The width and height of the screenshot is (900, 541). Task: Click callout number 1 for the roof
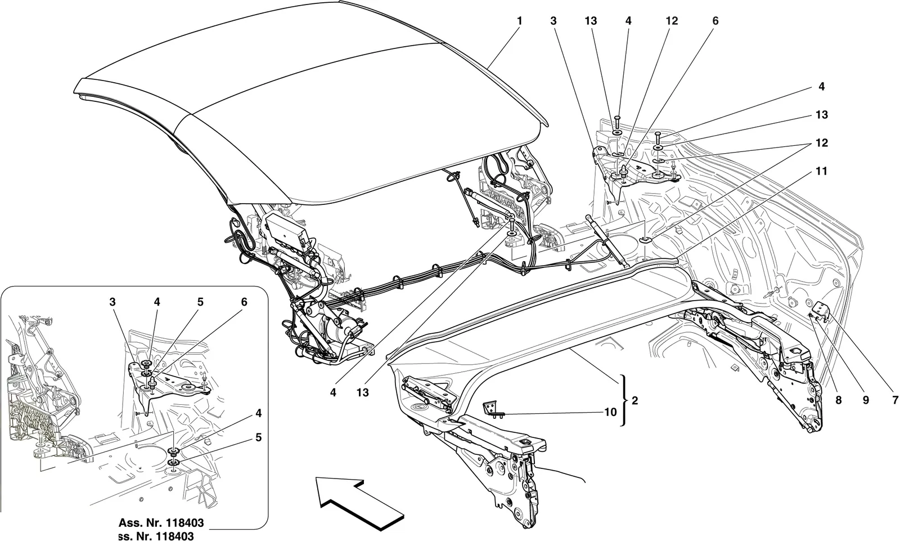519,21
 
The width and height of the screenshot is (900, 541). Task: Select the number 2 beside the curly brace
635,401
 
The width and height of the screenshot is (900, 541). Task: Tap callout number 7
895,400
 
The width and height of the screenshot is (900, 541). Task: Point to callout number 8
839,400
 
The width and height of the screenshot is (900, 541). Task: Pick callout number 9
866,400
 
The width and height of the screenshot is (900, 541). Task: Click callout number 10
610,412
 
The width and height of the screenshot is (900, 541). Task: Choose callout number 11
822,171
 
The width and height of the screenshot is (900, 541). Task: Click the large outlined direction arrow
360,505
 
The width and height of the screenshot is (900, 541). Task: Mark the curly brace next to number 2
623,401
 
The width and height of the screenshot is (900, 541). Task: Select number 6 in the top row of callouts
715,21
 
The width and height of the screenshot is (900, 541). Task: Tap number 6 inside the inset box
244,302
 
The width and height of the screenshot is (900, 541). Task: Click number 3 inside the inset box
112,302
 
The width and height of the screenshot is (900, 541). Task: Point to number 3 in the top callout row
553,21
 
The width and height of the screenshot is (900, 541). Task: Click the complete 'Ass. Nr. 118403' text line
161,523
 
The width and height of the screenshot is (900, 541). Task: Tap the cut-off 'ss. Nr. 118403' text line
156,536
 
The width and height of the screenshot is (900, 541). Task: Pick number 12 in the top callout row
672,21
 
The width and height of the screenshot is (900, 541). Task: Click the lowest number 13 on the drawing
362,392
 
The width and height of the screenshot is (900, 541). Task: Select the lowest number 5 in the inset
258,437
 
